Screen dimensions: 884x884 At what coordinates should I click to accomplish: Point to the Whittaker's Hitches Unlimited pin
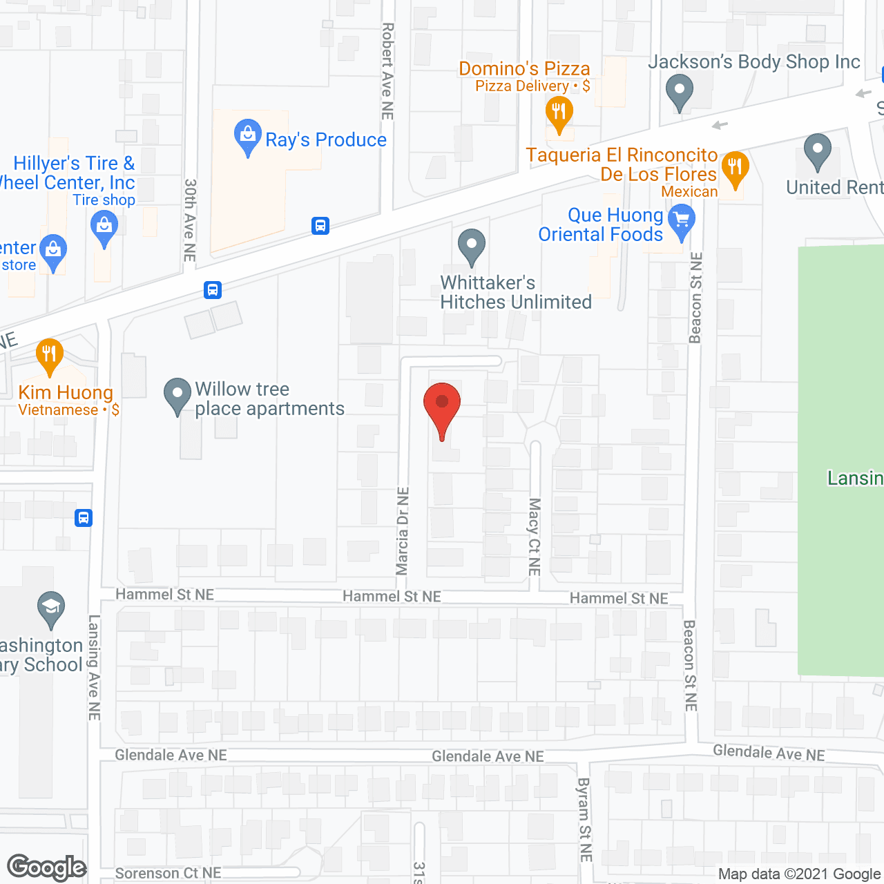[472, 246]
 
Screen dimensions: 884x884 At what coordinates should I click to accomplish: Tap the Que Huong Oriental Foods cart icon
[682, 221]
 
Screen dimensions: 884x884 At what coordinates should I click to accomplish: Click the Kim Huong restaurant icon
[48, 356]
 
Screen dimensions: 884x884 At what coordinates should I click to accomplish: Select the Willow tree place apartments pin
[177, 395]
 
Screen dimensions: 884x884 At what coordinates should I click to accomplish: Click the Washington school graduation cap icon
[51, 608]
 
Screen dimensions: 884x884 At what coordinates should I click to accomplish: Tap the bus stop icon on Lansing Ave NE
[84, 517]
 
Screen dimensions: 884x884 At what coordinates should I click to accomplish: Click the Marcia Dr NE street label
[403, 531]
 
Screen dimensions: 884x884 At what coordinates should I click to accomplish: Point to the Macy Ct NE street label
[535, 537]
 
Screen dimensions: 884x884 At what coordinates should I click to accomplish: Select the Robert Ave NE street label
[387, 71]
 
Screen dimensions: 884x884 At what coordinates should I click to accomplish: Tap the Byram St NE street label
[585, 819]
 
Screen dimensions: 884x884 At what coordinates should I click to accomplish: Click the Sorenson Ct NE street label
[168, 874]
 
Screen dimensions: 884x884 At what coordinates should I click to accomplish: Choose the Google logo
[47, 867]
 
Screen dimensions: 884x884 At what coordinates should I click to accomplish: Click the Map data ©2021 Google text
[799, 874]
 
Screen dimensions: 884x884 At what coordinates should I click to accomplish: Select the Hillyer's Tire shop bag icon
[104, 227]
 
